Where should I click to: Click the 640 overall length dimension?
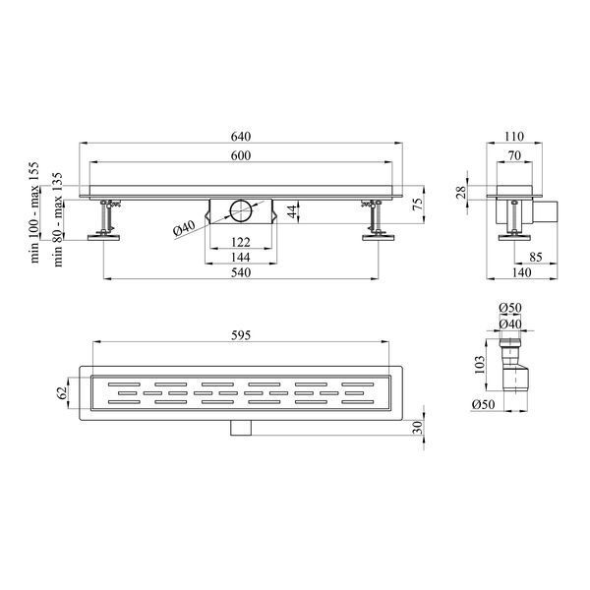click(x=241, y=137)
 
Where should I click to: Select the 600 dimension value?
click(x=241, y=155)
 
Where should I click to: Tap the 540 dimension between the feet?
click(x=241, y=272)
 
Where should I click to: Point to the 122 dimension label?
click(x=241, y=242)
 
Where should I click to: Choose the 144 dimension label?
click(x=241, y=257)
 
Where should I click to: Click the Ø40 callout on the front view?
click(x=185, y=228)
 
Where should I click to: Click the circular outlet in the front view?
click(x=241, y=211)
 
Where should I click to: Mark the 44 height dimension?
click(x=293, y=211)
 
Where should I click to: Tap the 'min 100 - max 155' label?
click(x=34, y=211)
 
